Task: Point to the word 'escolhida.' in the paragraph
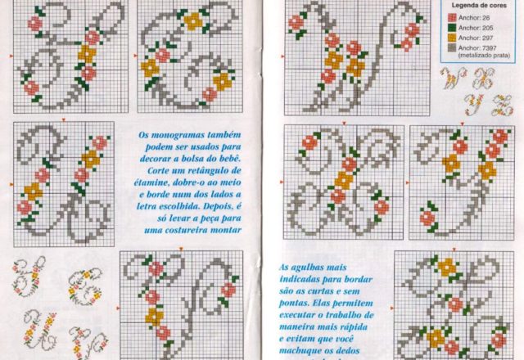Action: click(x=159, y=204)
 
